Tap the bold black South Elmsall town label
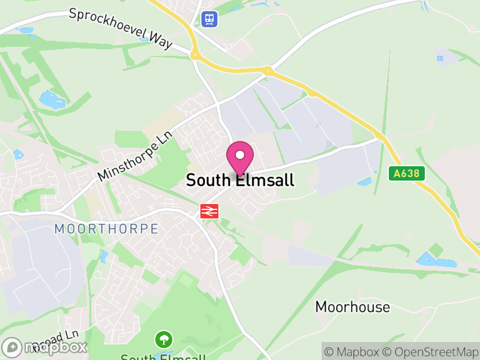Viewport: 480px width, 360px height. click(x=240, y=180)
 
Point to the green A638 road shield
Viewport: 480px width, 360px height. click(x=406, y=174)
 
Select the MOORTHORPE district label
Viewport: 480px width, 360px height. click(x=106, y=229)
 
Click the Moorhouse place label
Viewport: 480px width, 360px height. click(x=353, y=307)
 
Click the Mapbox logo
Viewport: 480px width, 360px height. click(x=45, y=347)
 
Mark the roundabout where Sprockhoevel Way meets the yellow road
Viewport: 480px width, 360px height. click(x=194, y=55)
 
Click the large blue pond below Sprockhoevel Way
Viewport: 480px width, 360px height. click(x=49, y=99)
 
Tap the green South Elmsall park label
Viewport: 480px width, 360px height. click(x=163, y=357)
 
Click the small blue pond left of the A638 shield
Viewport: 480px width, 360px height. click(x=364, y=181)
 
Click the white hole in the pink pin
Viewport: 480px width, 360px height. click(x=240, y=155)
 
